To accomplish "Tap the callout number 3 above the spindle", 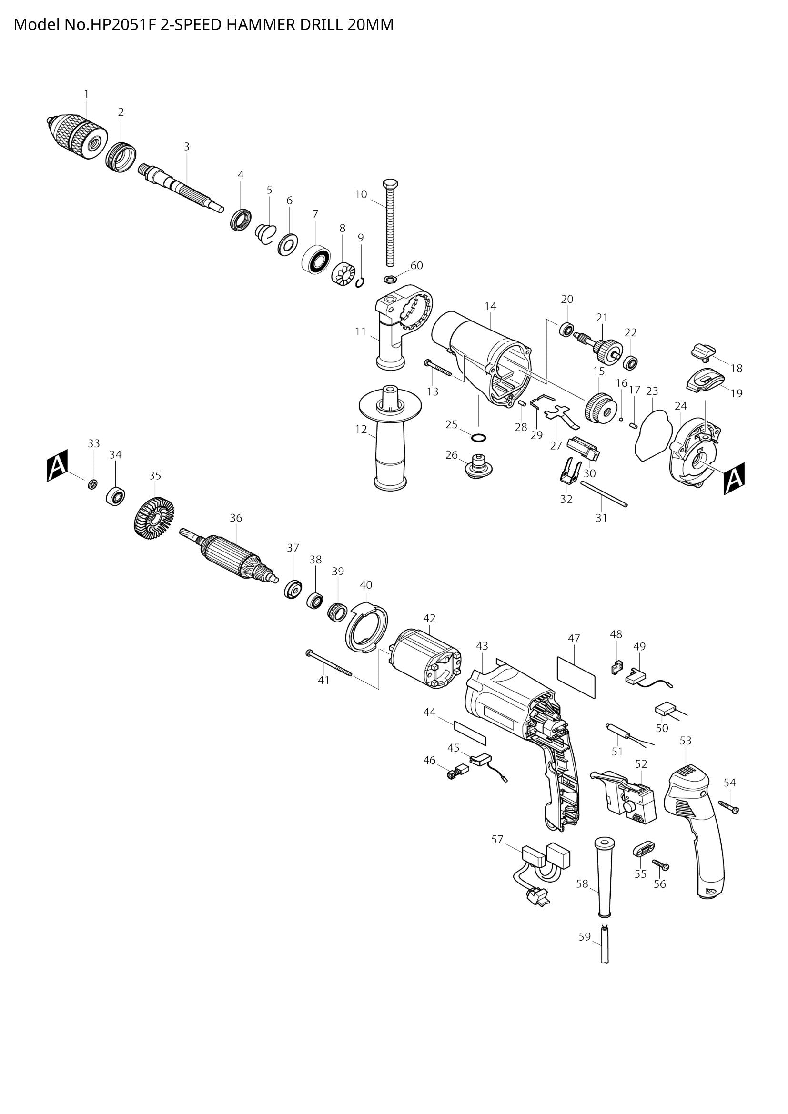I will pyautogui.click(x=186, y=146).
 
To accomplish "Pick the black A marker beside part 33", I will pyautogui.click(x=57, y=465).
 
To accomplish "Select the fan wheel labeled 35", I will pyautogui.click(x=154, y=519).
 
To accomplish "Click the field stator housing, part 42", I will pyautogui.click(x=425, y=658).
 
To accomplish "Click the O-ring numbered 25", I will pyautogui.click(x=478, y=438).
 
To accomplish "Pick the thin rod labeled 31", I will pyautogui.click(x=603, y=493).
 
